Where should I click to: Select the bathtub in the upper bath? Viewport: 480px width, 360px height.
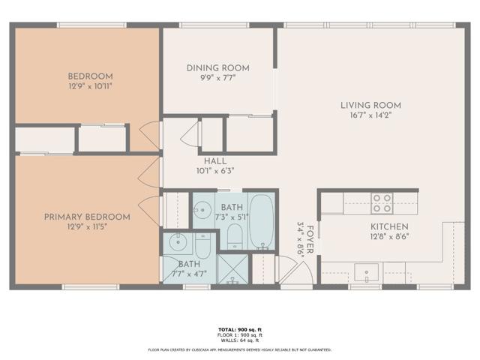[262, 221]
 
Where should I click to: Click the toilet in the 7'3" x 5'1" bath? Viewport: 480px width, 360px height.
[233, 238]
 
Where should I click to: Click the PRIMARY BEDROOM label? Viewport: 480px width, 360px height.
[87, 217]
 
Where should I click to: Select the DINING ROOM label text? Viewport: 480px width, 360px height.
[218, 68]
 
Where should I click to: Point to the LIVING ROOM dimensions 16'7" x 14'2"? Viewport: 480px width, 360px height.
[371, 115]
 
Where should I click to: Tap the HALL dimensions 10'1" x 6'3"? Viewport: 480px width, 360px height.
[214, 171]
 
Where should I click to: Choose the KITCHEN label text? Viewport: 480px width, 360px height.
[388, 226]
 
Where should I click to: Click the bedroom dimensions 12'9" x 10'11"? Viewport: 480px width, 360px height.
[90, 86]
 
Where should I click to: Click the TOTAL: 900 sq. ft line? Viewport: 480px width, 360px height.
[240, 330]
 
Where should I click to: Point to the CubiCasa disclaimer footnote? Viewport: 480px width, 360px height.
[240, 349]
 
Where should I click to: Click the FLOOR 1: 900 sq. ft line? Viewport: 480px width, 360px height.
[240, 335]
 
